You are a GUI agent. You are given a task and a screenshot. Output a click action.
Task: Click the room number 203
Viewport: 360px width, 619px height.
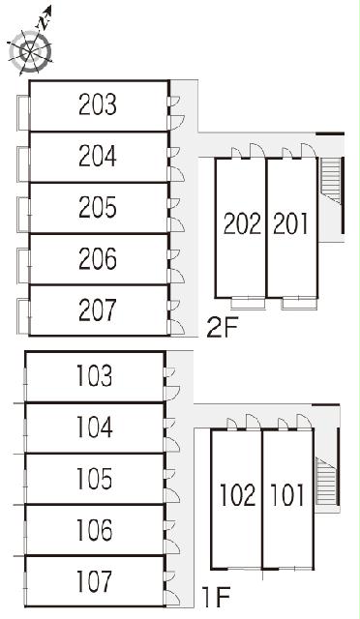pos(98,104)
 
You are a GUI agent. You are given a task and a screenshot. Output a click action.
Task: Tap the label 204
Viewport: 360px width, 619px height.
pos(98,156)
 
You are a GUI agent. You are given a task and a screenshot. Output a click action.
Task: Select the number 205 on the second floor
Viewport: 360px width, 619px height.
pos(98,207)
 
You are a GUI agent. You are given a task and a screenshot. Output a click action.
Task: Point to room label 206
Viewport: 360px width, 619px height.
pos(98,258)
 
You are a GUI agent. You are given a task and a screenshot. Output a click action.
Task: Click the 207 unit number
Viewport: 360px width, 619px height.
pos(98,309)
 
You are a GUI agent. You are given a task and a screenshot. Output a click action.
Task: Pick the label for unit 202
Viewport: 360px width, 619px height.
pos(242,223)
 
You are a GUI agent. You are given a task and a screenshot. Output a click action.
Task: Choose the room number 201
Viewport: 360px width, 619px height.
pos(290,223)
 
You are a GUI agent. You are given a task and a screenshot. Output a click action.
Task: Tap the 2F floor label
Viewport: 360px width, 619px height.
pos(222,328)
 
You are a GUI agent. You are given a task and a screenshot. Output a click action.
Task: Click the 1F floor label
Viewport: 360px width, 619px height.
pos(216,598)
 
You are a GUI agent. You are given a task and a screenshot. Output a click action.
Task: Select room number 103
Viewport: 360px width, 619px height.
pos(94,375)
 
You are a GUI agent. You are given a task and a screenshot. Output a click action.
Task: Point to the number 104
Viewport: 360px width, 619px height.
pos(94,427)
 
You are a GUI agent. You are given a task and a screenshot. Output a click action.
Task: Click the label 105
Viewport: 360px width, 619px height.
pos(94,478)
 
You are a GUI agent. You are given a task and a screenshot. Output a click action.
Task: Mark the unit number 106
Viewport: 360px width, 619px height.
pos(94,529)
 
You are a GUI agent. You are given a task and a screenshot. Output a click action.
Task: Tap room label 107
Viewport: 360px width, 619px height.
pos(94,581)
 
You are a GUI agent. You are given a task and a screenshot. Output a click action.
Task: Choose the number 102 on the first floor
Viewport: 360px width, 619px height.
pos(237,494)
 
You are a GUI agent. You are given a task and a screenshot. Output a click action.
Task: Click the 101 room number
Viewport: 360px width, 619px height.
pos(287,494)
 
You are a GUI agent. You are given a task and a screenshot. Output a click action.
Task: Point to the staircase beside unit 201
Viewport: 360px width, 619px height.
pos(331,181)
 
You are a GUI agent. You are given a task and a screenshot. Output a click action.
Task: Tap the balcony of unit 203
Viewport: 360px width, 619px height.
pos(23,113)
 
